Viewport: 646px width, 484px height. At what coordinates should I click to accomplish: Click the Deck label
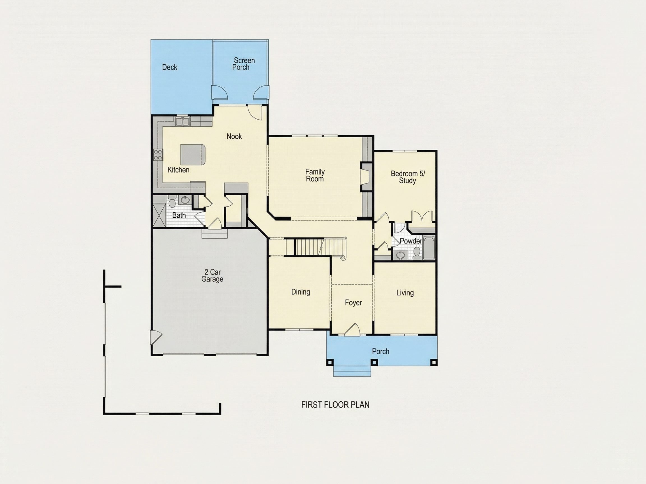coord(169,68)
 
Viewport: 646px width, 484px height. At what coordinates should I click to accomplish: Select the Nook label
coord(234,136)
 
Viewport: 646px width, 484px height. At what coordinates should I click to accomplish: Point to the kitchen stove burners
coord(158,154)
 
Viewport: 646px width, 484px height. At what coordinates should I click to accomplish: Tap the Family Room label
coord(315,175)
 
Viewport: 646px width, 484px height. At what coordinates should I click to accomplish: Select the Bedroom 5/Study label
coord(408,177)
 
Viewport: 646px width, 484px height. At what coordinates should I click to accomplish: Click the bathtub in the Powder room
coord(429,248)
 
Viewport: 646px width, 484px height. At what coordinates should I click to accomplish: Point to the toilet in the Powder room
coord(417,254)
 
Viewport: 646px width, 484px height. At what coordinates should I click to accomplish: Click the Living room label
coord(405,293)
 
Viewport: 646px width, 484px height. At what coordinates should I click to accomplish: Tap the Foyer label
coord(353,303)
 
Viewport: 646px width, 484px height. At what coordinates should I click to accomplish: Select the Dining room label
coord(301,292)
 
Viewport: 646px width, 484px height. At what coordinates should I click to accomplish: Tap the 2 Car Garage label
coord(212,276)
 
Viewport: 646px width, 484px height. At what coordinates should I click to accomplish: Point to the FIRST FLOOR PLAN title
coord(335,405)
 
